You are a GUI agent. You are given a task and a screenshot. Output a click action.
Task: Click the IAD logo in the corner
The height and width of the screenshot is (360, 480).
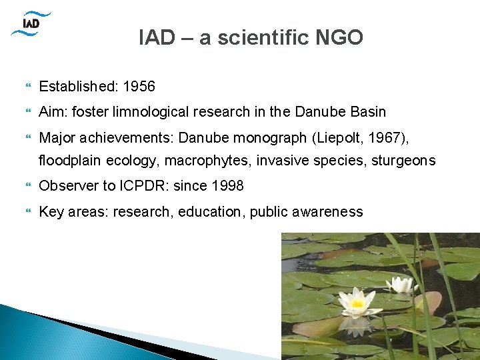pos(31,23)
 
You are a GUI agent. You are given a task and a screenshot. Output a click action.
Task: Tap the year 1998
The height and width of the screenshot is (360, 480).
pos(227,186)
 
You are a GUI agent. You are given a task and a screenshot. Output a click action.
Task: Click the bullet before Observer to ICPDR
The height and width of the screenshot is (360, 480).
pos(27,186)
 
